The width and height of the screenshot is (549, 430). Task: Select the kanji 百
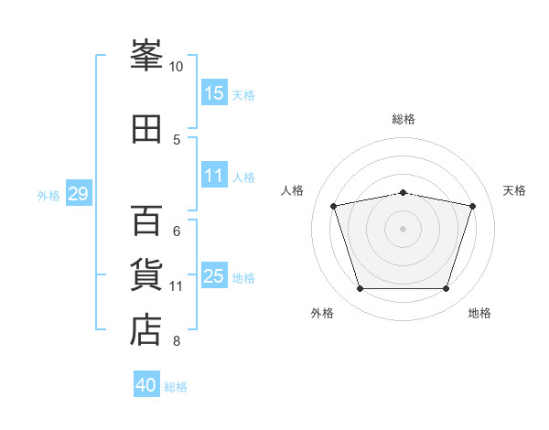pos(146,220)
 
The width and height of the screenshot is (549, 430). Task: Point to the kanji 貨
pos(146,275)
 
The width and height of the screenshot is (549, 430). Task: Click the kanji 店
pos(146,329)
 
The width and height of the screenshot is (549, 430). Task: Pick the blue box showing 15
pos(214,93)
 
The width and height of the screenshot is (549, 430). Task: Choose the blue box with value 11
pos(214,177)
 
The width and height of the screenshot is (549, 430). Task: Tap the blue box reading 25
pos(214,277)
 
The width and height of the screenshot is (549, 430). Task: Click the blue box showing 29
pos(78,194)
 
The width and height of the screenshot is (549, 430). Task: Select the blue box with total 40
pos(146,385)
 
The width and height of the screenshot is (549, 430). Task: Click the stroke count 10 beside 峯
pos(177,67)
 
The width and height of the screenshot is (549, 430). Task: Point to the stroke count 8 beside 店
pos(177,341)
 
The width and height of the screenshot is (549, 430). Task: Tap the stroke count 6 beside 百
pos(177,231)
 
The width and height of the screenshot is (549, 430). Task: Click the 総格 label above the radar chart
pos(404,119)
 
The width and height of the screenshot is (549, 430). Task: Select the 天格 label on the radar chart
pos(514,190)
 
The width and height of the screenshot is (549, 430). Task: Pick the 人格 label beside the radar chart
pos(293,190)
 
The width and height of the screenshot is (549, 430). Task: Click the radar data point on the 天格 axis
pos(472,206)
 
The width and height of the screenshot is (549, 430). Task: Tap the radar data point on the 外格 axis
pos(360,289)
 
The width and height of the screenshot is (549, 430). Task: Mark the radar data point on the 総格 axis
pos(404,192)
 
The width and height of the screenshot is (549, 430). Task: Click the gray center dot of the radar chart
pos(404,228)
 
